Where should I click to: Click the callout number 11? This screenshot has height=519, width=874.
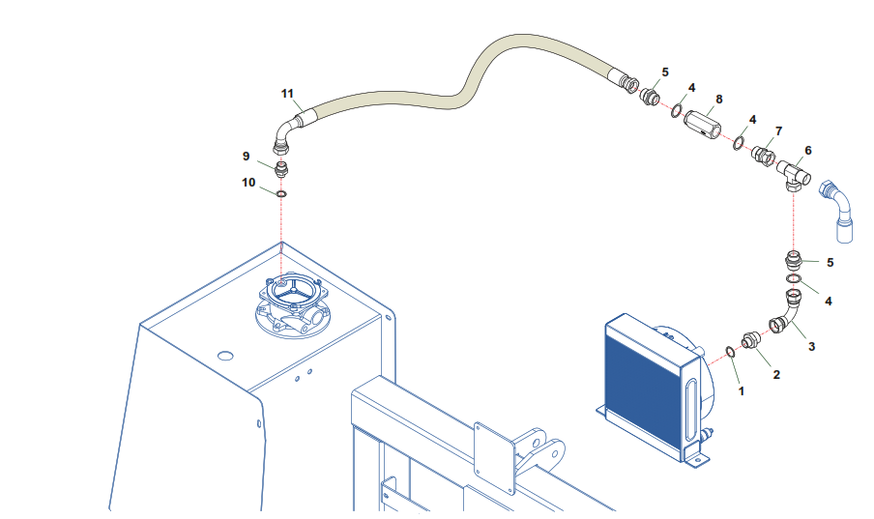(287, 93)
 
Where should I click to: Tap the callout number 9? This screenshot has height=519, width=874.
(247, 156)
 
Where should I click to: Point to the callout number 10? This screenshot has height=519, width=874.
(248, 182)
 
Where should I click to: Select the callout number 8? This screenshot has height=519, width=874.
(718, 100)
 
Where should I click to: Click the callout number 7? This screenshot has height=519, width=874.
(778, 130)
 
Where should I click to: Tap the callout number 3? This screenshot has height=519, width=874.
(811, 345)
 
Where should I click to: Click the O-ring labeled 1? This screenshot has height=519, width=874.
(731, 351)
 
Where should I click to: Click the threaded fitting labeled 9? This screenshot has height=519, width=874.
(281, 171)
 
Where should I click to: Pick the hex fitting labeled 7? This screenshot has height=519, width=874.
(763, 153)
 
